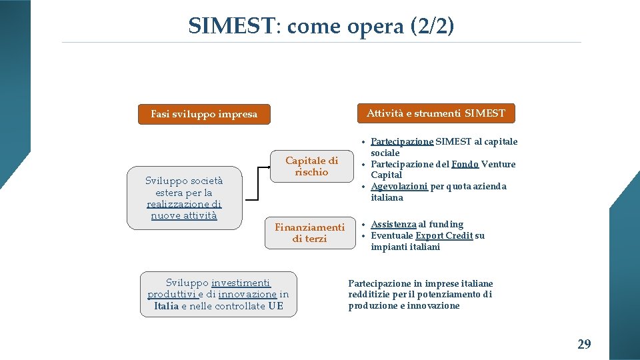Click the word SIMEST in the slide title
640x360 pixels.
pyautogui.click(x=231, y=26)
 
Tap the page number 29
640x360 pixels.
pyautogui.click(x=584, y=344)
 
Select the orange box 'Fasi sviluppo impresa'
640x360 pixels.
pyautogui.click(x=204, y=114)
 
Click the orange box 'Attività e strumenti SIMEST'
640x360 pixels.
pyautogui.click(x=436, y=113)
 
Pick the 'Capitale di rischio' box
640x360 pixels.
pyautogui.click(x=311, y=166)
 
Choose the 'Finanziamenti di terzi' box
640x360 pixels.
pyautogui.click(x=310, y=233)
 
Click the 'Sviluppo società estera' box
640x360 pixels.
pyautogui.click(x=184, y=197)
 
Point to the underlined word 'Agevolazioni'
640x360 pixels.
pyautogui.click(x=399, y=187)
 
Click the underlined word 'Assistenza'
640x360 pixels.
pyautogui.click(x=393, y=225)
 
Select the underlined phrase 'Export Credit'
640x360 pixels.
pyautogui.click(x=444, y=235)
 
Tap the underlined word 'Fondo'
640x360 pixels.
pyautogui.click(x=465, y=164)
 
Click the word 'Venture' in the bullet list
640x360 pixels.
pyautogui.click(x=499, y=164)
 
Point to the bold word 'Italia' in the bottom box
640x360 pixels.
pyautogui.click(x=166, y=306)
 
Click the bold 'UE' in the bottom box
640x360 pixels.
pyautogui.click(x=275, y=306)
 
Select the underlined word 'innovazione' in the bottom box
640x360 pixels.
pyautogui.click(x=247, y=294)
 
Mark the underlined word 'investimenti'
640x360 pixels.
pyautogui.click(x=241, y=283)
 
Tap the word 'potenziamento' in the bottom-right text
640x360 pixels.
pyautogui.click(x=449, y=294)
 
